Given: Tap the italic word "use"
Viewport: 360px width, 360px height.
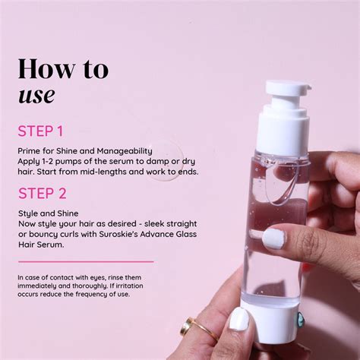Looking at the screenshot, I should point(36,94).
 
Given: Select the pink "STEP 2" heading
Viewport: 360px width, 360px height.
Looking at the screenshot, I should point(43,193).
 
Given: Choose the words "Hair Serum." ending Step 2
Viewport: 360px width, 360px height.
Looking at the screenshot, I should point(42,245).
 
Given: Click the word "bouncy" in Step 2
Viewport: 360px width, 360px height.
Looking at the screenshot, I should point(41,235).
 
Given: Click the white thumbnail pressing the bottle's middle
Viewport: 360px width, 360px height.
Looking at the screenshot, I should point(273,238).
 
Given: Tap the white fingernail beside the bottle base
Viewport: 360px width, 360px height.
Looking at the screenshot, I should point(239,319).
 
